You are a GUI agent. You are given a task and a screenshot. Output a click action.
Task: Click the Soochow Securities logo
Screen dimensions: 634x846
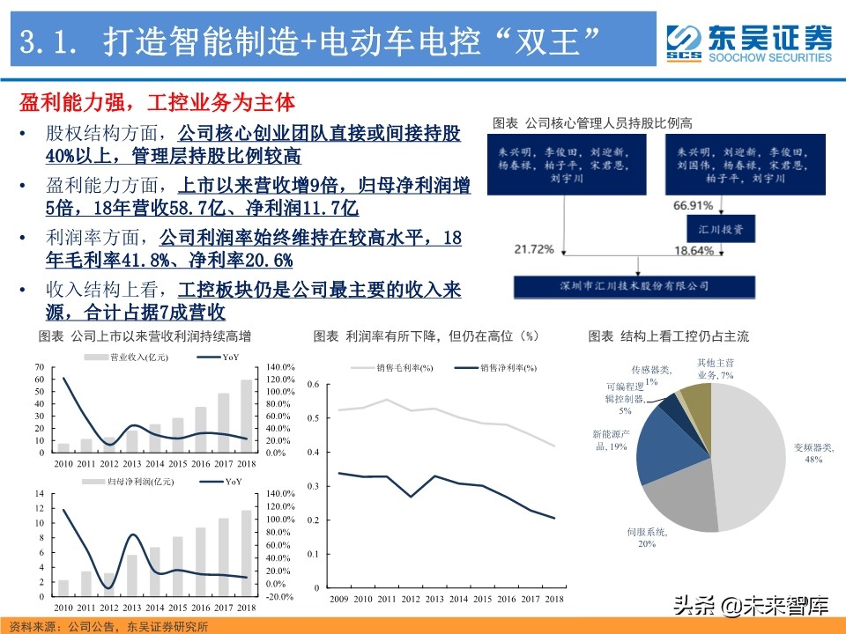click(748, 42)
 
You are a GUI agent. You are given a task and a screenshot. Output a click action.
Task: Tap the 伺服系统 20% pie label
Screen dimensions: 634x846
click(647, 538)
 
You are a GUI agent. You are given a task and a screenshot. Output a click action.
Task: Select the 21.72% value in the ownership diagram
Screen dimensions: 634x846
click(534, 250)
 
